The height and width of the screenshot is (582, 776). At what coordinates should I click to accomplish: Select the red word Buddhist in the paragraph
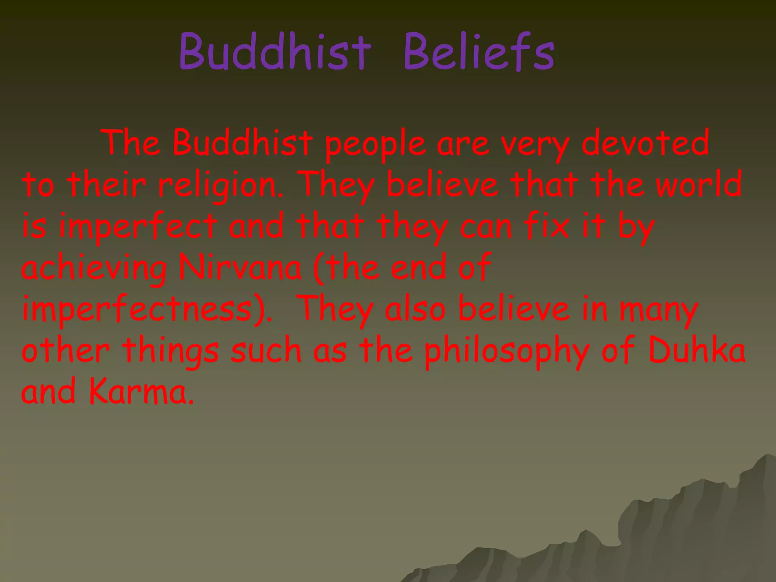click(242, 143)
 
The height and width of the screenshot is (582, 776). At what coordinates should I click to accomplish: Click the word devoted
click(645, 143)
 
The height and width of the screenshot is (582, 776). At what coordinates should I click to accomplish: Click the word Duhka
click(696, 350)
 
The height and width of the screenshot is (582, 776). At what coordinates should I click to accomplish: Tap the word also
click(415, 309)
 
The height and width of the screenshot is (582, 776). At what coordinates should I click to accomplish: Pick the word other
click(66, 350)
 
